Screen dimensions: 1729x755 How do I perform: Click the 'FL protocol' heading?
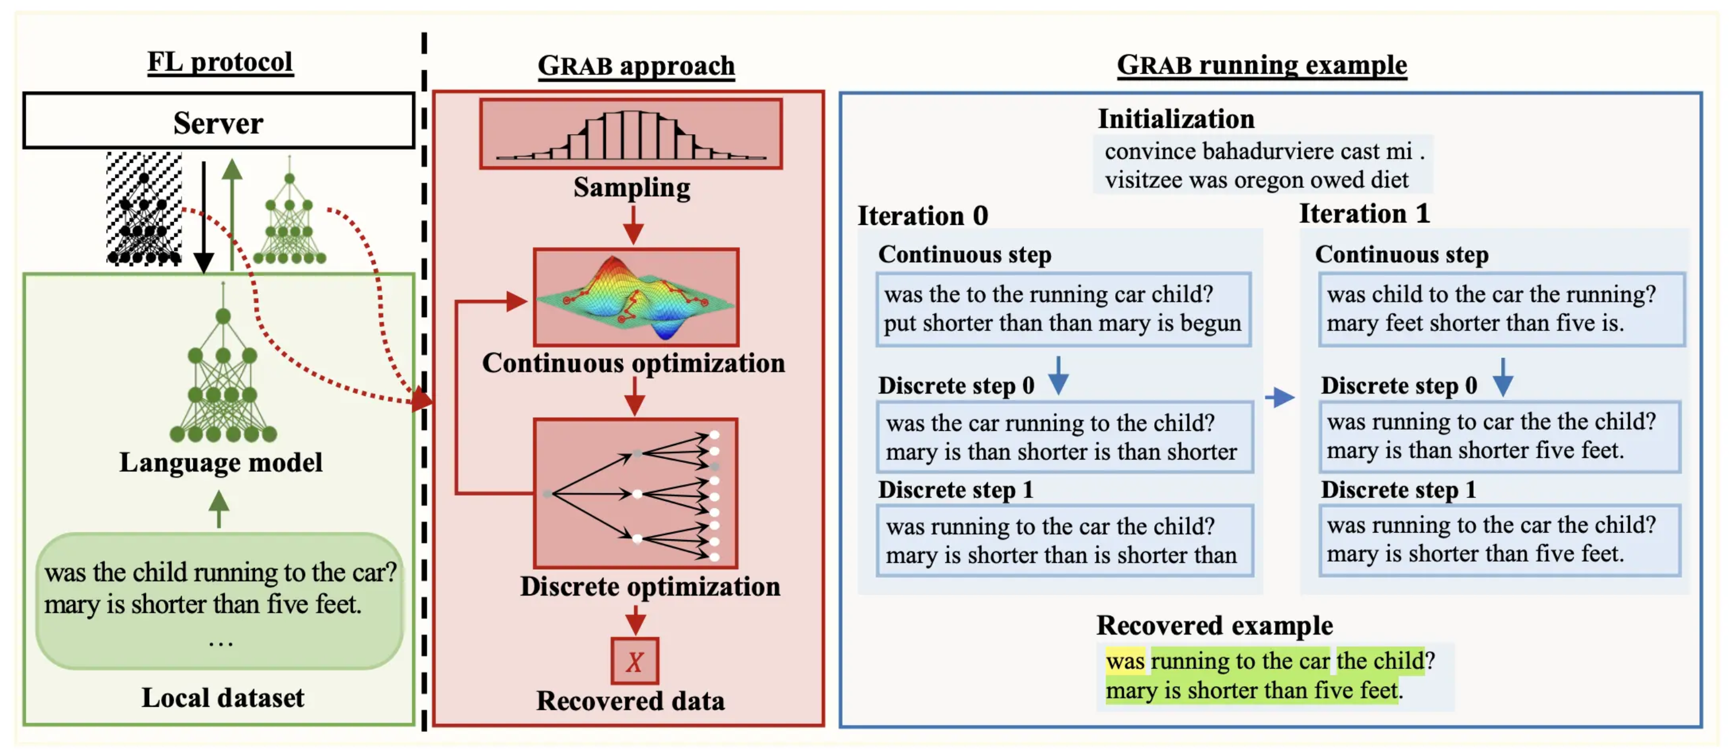[x=220, y=62]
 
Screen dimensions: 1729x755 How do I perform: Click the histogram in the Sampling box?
[x=631, y=134]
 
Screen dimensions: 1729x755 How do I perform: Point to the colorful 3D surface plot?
[x=636, y=297]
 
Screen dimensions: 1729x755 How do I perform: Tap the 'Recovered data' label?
[x=630, y=700]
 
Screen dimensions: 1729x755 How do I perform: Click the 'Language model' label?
[x=221, y=462]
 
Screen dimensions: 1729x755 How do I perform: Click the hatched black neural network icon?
[x=143, y=209]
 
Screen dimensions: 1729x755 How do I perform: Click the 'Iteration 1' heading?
[x=1365, y=213]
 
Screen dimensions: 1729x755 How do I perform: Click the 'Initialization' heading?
[x=1176, y=119]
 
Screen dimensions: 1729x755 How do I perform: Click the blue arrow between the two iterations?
[x=1280, y=398]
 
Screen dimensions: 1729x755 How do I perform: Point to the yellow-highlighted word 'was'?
[x=1125, y=661]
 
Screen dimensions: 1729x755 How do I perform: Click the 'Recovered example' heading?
[x=1214, y=625]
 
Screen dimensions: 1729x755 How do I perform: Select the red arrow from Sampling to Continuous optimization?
[x=633, y=225]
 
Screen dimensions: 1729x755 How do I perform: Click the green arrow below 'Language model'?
[x=219, y=509]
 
